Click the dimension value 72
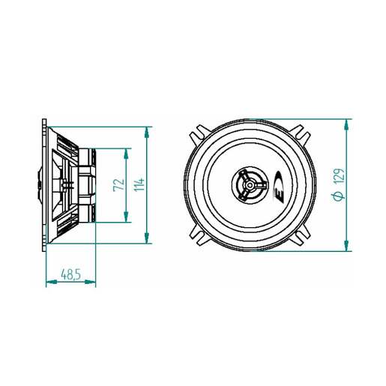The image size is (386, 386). [118, 185]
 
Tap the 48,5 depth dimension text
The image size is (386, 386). [71, 274]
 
